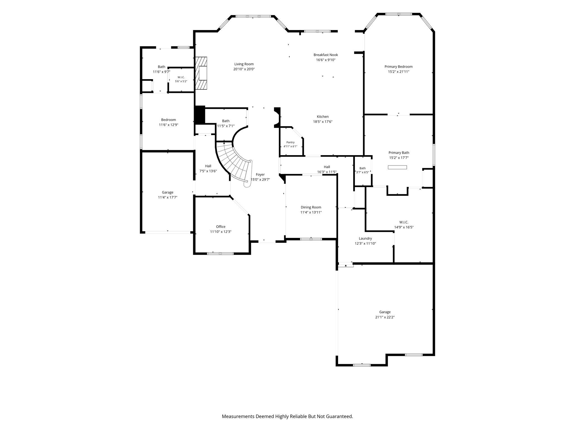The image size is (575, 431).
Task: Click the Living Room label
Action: coord(244,64)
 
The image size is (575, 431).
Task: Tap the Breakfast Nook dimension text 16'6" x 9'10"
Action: coord(326,60)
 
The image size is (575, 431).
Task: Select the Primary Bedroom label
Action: coord(398,67)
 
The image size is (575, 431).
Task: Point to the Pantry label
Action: coord(290,142)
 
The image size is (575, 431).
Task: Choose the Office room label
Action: coord(221,226)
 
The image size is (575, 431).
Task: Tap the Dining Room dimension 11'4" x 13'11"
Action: coord(311,212)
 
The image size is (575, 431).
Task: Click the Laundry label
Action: coord(365,238)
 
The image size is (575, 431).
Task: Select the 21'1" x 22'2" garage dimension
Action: coord(385,317)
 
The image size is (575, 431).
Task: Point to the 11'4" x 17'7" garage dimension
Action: coord(168,197)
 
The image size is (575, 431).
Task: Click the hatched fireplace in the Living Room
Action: coord(201,73)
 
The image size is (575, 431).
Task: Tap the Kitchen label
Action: coord(323,116)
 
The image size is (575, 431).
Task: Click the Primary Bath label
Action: coord(399,153)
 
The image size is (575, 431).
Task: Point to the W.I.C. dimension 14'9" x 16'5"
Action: coord(404,227)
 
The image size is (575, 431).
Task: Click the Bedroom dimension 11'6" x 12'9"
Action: coord(168,125)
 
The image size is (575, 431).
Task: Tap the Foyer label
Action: coord(260,175)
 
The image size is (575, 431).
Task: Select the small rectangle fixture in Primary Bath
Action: coord(397,167)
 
